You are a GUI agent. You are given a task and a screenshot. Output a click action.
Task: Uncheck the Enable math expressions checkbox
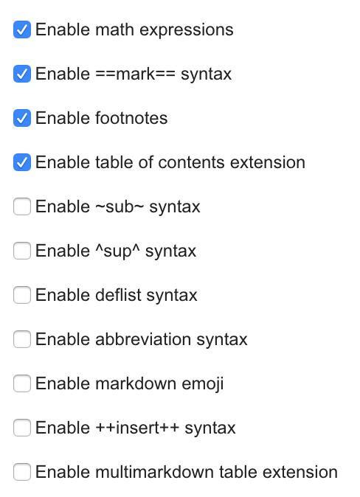coord(22,29)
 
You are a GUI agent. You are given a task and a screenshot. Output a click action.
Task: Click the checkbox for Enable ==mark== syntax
coord(22,74)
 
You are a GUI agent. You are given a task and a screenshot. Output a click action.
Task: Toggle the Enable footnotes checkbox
coord(22,118)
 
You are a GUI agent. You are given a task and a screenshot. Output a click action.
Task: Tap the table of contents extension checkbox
coord(22,162)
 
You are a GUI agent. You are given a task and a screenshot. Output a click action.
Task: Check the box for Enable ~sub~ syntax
coord(22,206)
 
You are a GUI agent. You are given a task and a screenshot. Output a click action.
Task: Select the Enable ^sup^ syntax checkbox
coord(22,251)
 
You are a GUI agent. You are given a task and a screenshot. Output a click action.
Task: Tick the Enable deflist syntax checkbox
coord(22,295)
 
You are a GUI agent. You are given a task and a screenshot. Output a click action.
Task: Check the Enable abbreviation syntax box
coord(22,339)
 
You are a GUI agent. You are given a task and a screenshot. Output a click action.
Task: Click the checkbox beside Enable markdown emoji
coord(22,383)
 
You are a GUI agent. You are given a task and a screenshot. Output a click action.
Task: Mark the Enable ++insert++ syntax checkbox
coord(22,428)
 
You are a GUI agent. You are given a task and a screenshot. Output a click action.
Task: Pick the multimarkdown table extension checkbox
coord(22,472)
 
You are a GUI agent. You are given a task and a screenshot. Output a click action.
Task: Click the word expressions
coord(187,31)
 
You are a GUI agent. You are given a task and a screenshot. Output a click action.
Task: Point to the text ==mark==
coord(135,74)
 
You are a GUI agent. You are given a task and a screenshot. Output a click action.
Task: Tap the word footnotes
coord(131,118)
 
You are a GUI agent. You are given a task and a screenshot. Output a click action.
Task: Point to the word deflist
coord(118,295)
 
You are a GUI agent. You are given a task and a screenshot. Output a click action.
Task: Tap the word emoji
coord(203,384)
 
